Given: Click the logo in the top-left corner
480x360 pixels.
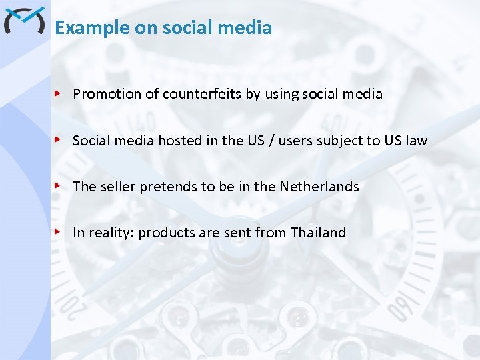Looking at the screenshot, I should point(24,21).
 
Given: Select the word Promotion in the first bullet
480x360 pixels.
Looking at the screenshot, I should point(107,94).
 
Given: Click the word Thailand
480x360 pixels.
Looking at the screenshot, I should point(319,233).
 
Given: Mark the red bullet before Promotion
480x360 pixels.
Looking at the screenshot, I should point(59,93).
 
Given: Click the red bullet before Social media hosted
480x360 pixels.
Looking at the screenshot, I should point(59,140).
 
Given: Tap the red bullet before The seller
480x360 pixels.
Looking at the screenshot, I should point(59,186).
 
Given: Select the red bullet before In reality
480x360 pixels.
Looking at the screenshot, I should point(59,232).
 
